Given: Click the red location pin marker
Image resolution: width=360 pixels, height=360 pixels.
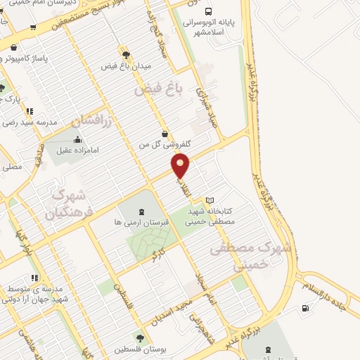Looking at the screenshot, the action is (181, 166).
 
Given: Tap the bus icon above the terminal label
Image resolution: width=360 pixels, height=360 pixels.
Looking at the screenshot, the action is (208, 11).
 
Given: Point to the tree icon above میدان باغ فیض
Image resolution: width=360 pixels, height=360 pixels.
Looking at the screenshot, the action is (125, 53).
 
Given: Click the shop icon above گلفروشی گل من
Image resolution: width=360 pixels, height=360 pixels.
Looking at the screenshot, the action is (165, 133).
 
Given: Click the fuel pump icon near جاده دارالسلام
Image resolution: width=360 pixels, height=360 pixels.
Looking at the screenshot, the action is (304, 307).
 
